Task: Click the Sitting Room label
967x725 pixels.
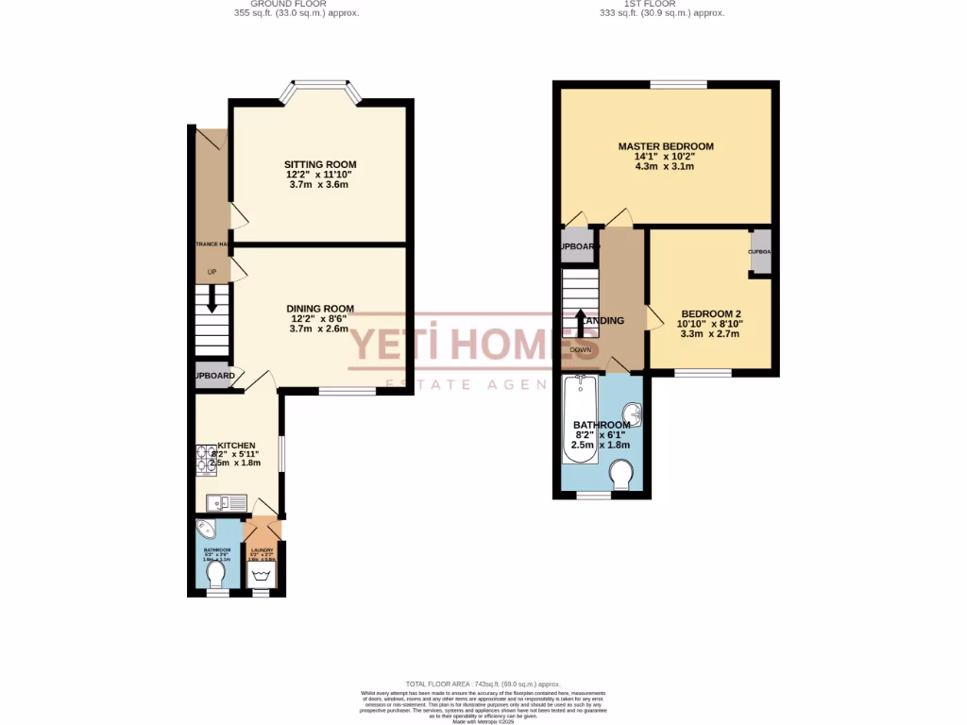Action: click(x=321, y=164)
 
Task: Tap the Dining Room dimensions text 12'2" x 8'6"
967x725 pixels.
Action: click(x=320, y=319)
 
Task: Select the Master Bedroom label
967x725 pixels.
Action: click(x=666, y=146)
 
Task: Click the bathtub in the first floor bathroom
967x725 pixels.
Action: click(x=578, y=420)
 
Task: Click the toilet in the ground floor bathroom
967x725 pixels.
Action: click(x=216, y=573)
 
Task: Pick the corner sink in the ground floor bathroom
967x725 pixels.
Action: click(x=205, y=528)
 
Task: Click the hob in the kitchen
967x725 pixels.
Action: click(x=205, y=459)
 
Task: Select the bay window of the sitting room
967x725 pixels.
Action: click(x=321, y=92)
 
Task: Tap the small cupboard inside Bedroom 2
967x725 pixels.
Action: click(x=760, y=252)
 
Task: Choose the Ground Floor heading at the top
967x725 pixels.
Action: click(x=295, y=5)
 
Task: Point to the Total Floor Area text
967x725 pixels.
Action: click(x=483, y=683)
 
